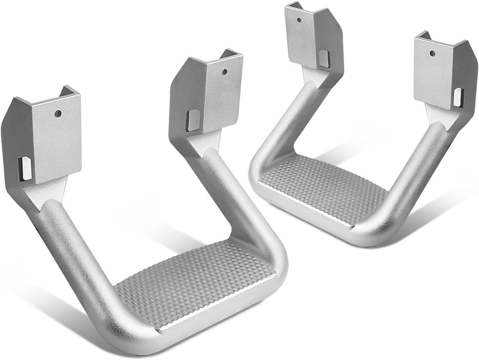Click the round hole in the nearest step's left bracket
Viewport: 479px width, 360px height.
point(58,114)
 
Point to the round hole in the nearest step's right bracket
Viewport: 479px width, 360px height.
point(225,72)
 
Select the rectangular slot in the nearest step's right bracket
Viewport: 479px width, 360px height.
point(193,120)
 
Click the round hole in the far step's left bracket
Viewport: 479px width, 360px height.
point(299,20)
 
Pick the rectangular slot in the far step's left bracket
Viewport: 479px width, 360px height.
point(324,58)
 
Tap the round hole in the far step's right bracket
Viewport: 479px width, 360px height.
point(432,53)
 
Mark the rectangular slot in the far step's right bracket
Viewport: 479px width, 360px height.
point(458,97)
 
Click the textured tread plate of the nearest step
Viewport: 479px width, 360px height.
point(192,283)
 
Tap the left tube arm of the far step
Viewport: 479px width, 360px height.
point(278,129)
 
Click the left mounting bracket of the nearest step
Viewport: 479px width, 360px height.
point(43,139)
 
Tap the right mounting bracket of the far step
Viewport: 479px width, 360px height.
point(443,74)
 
